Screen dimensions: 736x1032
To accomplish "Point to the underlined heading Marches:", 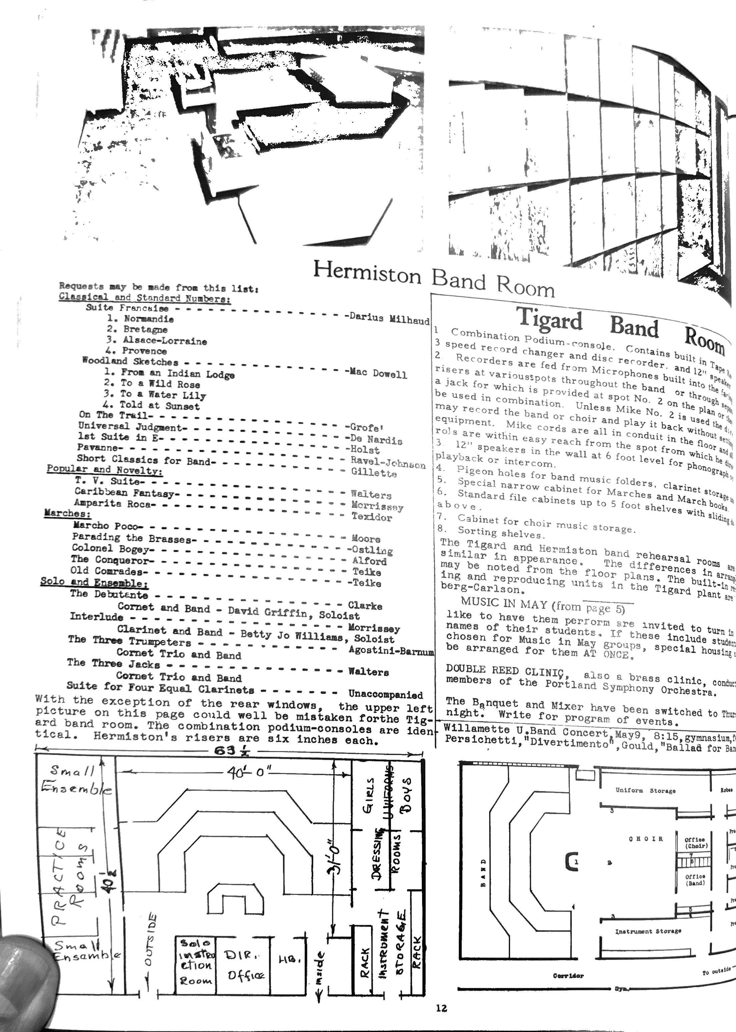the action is (67, 513).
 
